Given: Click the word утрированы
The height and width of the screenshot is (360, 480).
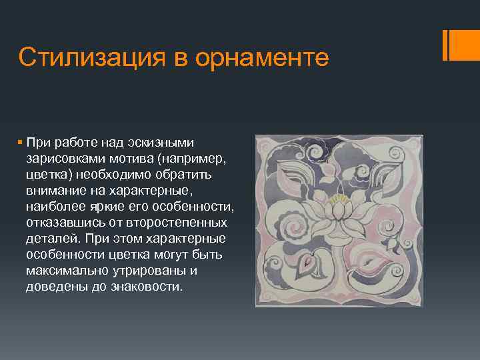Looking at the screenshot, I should [x=153, y=271].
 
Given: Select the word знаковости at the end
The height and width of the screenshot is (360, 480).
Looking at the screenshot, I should [x=150, y=287].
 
